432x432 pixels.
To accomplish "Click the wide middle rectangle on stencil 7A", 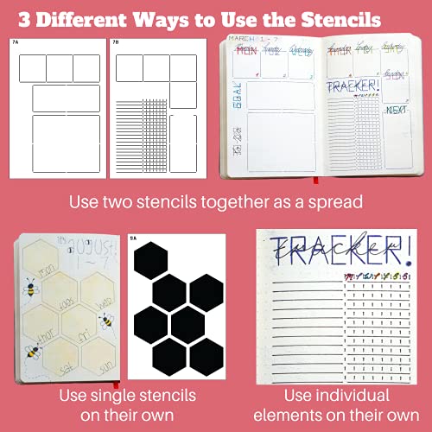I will (x=67, y=98).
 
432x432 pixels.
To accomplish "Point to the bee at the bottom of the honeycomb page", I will (x=34, y=351).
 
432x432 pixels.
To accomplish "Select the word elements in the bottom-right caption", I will (x=338, y=415).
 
